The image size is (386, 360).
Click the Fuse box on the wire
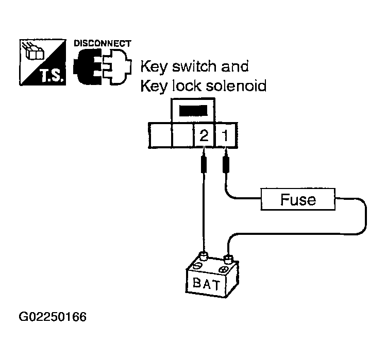298,200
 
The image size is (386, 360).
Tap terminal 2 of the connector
204,136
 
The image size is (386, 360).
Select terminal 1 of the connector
225,136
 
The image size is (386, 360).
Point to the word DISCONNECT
102,43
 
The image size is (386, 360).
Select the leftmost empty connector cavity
160,136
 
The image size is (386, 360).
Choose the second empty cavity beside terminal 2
182,136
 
